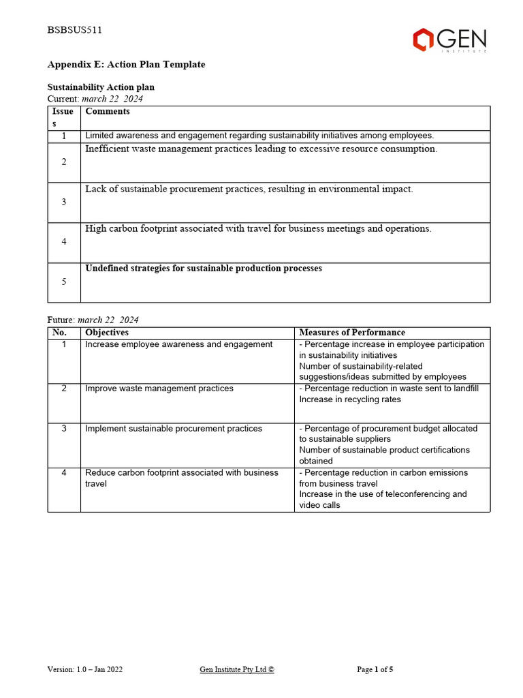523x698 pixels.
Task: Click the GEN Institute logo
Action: point(449,40)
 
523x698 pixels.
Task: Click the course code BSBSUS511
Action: point(75,30)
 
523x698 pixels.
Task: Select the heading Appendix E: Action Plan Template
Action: point(126,65)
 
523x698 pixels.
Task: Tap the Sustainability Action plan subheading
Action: point(101,88)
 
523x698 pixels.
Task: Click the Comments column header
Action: point(108,111)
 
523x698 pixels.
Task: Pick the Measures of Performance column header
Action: point(352,333)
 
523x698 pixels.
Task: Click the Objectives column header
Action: point(107,333)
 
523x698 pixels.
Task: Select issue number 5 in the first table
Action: point(64,282)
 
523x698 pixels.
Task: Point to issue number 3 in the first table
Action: point(64,202)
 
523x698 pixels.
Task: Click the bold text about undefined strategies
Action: point(204,269)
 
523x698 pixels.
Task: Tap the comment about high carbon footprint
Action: point(258,229)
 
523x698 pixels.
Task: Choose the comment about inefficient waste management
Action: point(261,149)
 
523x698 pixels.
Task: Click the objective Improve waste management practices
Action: point(159,389)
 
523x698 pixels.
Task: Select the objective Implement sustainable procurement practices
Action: point(174,429)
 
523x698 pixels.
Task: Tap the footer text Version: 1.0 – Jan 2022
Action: point(85,669)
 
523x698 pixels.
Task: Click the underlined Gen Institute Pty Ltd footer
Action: point(236,669)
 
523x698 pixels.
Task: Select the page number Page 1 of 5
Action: point(375,669)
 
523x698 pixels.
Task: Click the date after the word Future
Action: point(108,320)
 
